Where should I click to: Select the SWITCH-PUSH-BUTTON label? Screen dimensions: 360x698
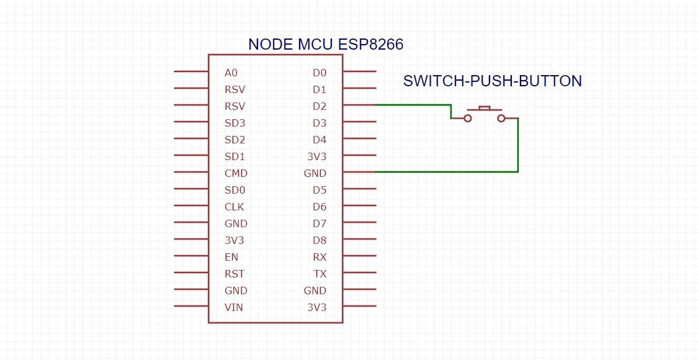click(x=493, y=81)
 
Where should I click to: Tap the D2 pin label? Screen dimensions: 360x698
click(x=319, y=106)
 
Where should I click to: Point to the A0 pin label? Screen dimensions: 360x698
click(x=231, y=73)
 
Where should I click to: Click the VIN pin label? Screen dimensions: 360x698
click(x=233, y=307)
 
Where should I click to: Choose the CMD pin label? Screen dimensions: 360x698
click(x=236, y=173)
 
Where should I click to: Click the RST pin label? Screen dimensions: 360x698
click(x=235, y=274)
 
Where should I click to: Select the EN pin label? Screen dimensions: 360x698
click(x=231, y=257)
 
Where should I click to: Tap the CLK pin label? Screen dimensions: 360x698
click(x=235, y=207)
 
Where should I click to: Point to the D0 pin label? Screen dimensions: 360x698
click(x=319, y=73)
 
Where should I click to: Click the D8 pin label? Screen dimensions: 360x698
click(x=319, y=240)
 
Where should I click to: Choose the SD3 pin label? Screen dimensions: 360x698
click(x=235, y=123)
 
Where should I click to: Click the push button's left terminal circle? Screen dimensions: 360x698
click(x=468, y=117)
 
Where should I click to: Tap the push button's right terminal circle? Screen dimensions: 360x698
click(x=501, y=117)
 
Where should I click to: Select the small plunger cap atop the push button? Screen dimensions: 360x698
click(x=485, y=108)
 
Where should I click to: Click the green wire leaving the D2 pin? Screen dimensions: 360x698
click(x=413, y=105)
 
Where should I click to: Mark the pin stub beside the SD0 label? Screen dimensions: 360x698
click(x=191, y=189)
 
